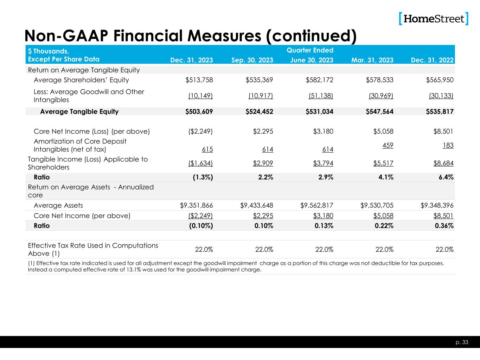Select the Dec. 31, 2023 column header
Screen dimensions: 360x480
[x=191, y=60]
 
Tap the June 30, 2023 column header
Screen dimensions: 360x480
[x=312, y=60]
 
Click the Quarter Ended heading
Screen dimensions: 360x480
[x=310, y=50]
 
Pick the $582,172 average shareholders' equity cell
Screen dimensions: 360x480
[x=320, y=80]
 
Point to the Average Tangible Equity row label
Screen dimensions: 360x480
[x=79, y=112]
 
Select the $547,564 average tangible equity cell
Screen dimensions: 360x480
[x=379, y=112]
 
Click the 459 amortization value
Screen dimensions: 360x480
[x=388, y=145]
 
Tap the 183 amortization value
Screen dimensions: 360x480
[x=448, y=145]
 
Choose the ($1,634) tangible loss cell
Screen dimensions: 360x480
[x=201, y=163]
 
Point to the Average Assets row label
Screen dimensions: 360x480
[x=58, y=205]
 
